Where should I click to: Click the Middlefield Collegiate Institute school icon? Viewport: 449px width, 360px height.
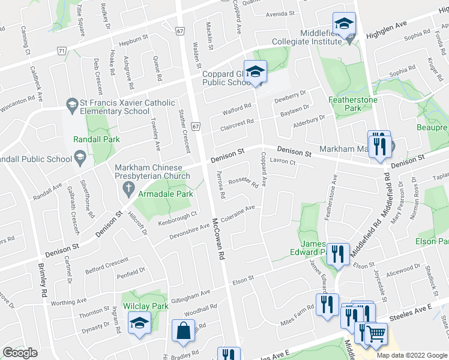(345, 25)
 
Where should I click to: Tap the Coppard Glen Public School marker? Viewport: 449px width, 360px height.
(255, 72)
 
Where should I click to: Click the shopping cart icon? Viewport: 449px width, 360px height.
(376, 333)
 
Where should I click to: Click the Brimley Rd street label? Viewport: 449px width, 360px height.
(43, 281)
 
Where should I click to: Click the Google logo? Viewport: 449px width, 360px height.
(20, 353)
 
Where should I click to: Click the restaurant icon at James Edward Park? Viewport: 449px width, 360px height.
(337, 253)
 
